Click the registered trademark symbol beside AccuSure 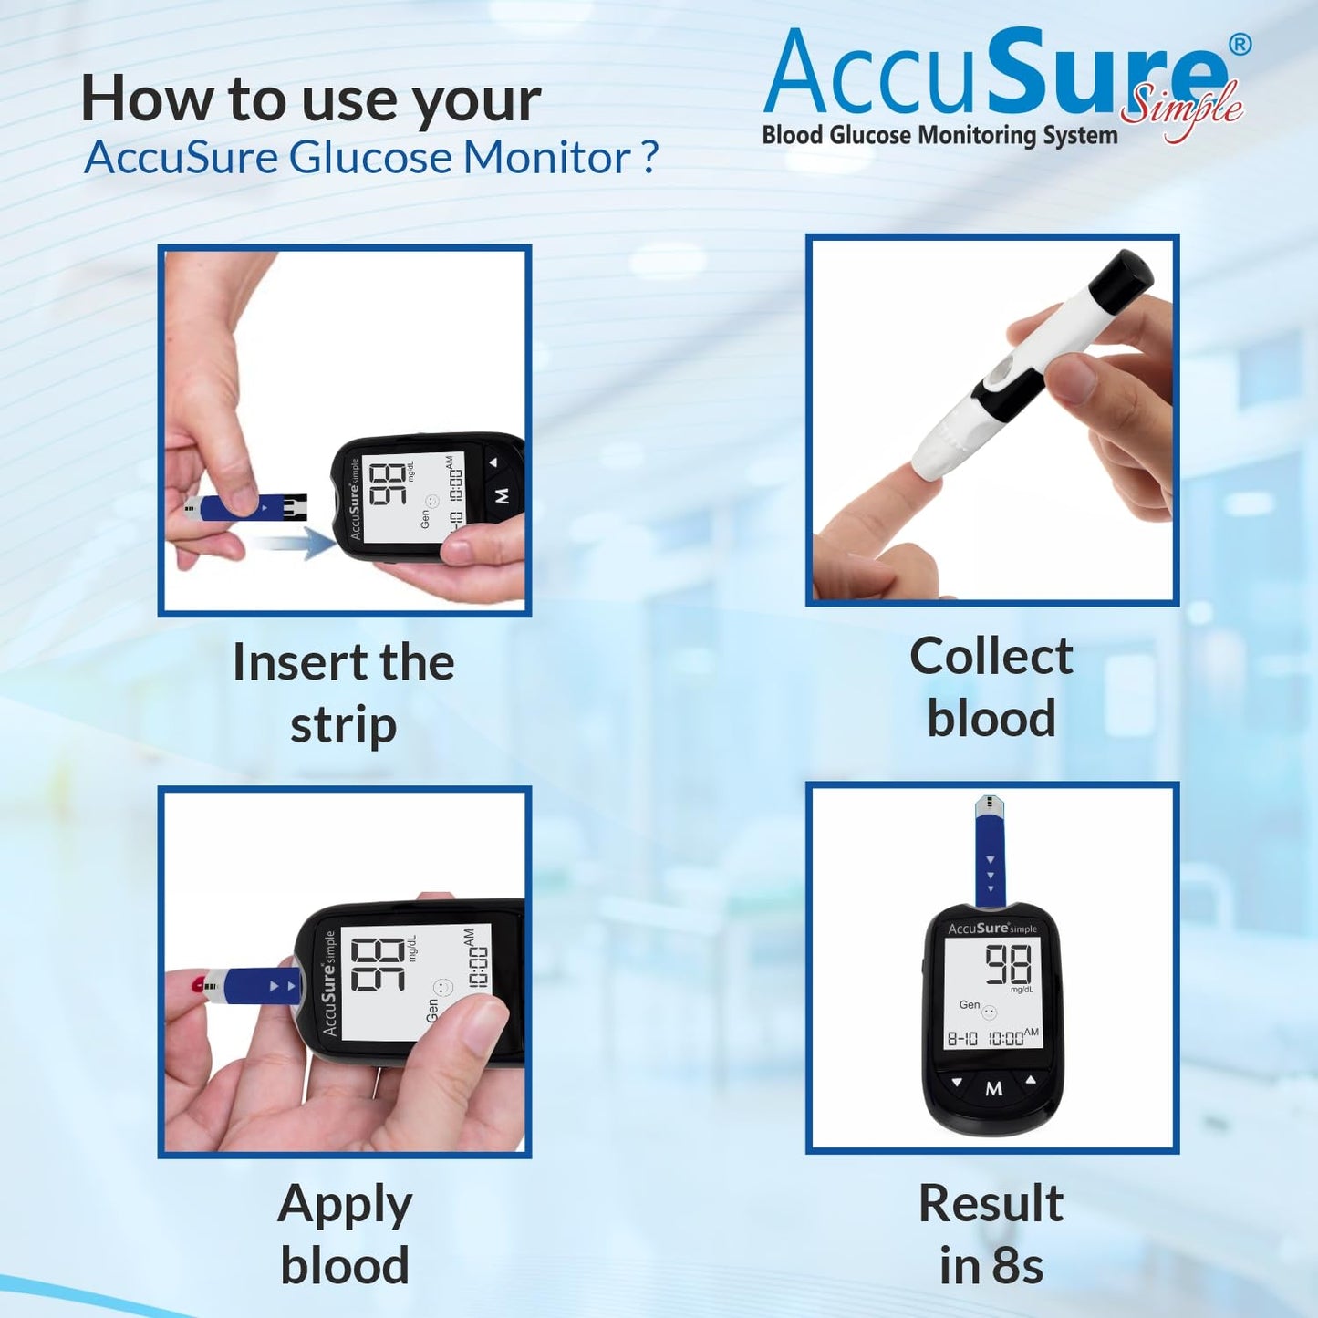coord(1240,45)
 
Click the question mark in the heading coord(649,158)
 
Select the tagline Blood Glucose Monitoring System coord(939,136)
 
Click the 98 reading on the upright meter coord(1008,965)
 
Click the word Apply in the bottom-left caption coord(345,1206)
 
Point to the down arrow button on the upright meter coord(957,1083)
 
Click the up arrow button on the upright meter coord(1031,1080)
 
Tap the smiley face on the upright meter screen coord(990,1012)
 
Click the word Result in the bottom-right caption coord(991,1204)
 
